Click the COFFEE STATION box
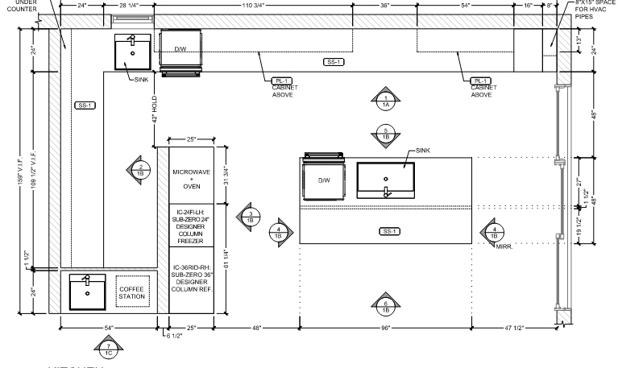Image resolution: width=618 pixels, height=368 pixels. point(131,292)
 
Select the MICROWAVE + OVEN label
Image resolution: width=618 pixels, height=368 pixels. point(192,179)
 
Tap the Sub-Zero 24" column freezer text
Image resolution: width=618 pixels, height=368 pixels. point(192,225)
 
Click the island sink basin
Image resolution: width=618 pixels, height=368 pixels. point(386,179)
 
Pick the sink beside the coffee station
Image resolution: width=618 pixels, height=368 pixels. point(87,292)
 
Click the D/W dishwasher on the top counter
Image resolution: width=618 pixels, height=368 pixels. point(181,50)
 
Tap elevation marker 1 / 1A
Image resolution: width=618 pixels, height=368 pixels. point(386,100)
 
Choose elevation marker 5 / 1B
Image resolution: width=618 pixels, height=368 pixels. point(386,134)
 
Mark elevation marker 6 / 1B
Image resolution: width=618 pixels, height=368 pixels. point(386,304)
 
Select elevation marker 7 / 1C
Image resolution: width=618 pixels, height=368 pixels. point(108,348)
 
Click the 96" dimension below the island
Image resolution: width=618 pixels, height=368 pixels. point(386,329)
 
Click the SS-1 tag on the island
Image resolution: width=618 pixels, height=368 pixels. point(390,232)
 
